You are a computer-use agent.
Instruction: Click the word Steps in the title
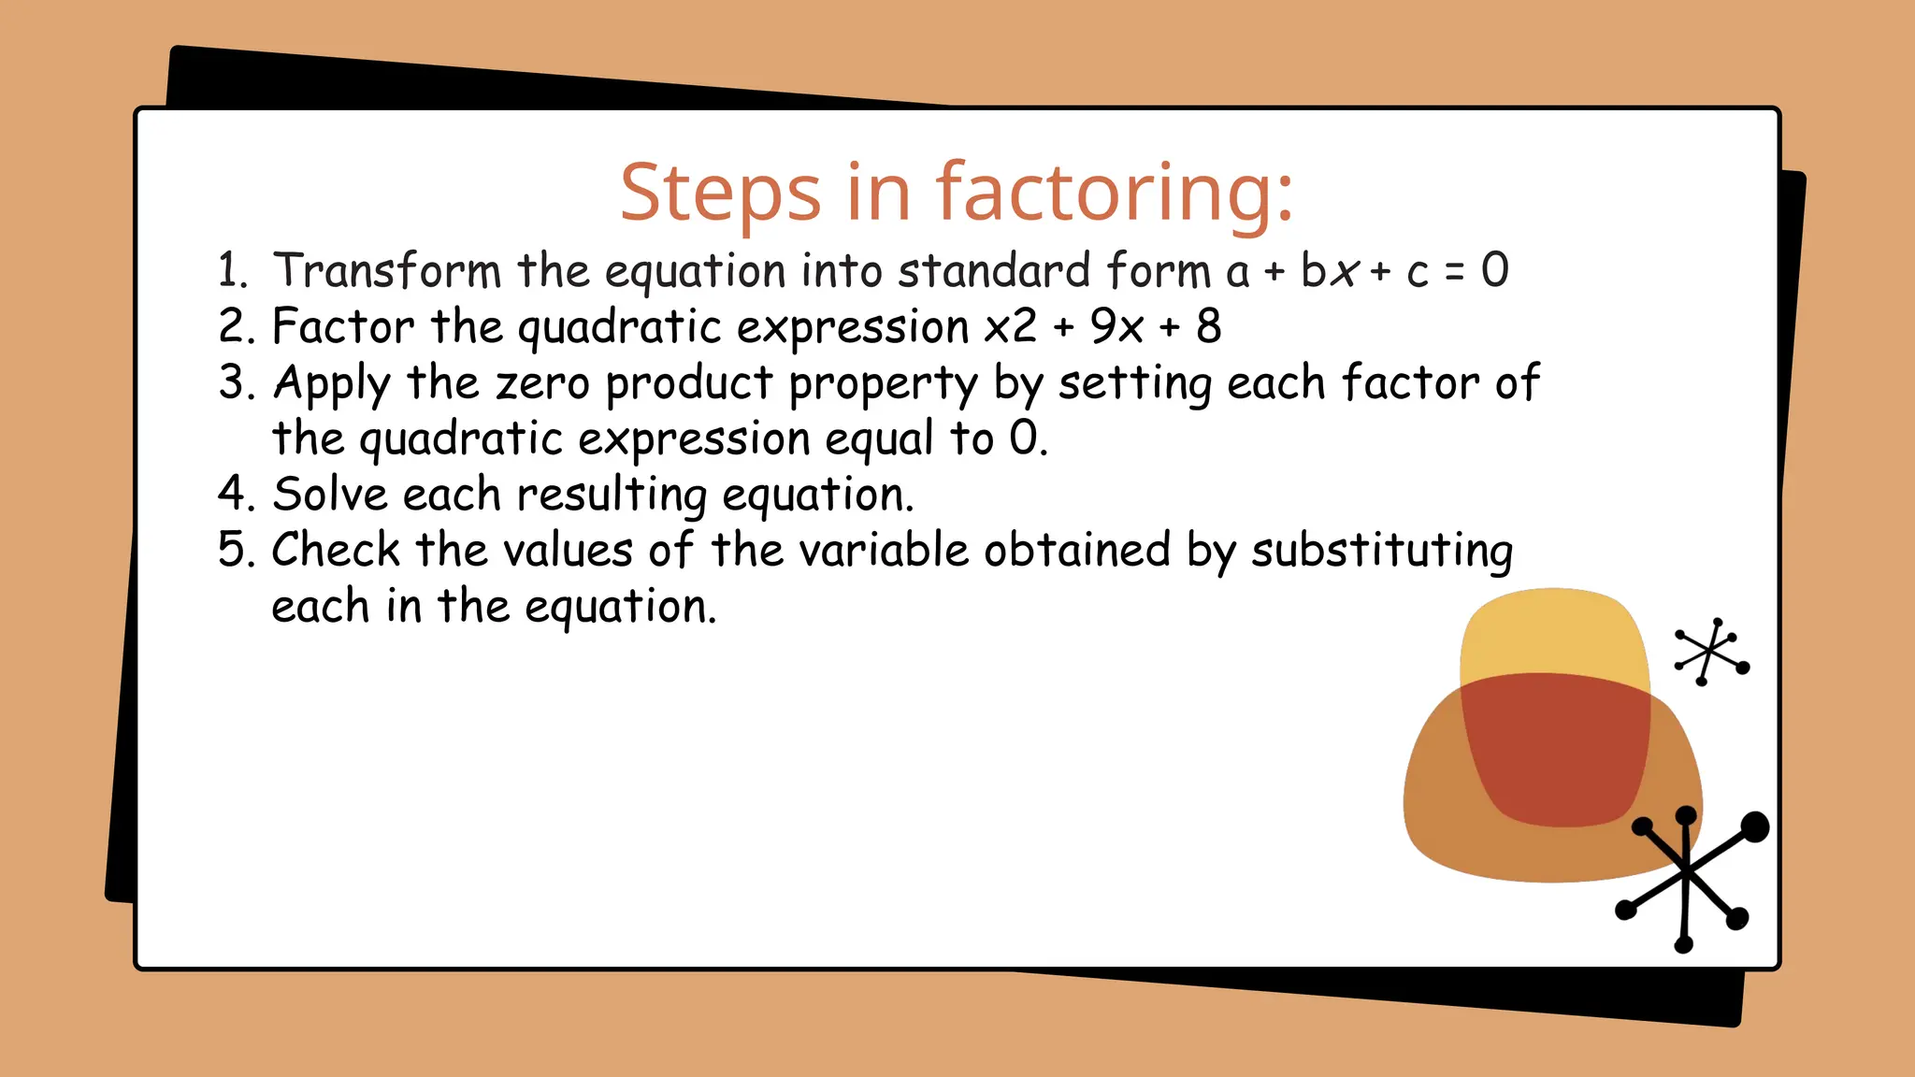click(x=720, y=194)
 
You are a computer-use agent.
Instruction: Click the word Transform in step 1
click(x=387, y=271)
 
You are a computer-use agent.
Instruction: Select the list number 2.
click(x=235, y=327)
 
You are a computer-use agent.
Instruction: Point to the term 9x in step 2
click(x=1116, y=327)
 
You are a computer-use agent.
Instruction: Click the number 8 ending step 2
click(x=1208, y=327)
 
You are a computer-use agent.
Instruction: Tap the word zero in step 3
click(x=542, y=383)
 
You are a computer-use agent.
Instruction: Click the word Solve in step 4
click(x=329, y=495)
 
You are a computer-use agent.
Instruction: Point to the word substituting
click(x=1381, y=552)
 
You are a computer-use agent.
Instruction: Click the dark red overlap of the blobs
click(x=1556, y=748)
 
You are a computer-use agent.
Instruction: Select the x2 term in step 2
click(x=1011, y=327)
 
